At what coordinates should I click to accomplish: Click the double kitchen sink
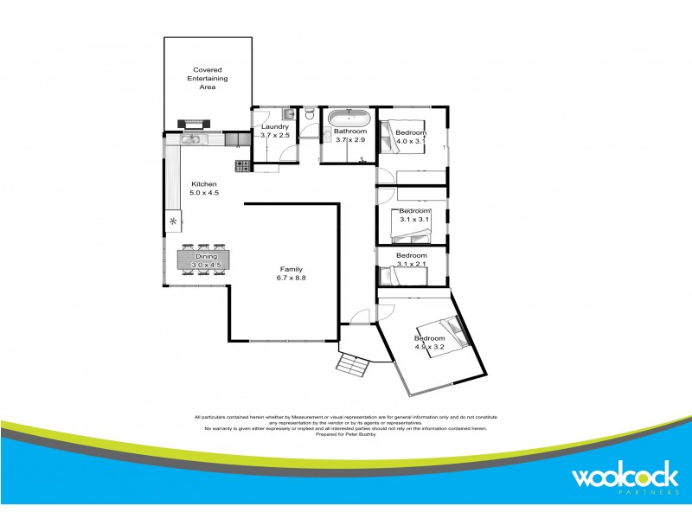point(190,138)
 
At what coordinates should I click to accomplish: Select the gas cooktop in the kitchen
point(243,164)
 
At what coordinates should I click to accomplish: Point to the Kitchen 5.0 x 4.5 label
point(204,189)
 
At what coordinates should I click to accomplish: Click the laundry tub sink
point(288,114)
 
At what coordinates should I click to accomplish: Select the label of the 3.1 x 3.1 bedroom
point(413,215)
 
